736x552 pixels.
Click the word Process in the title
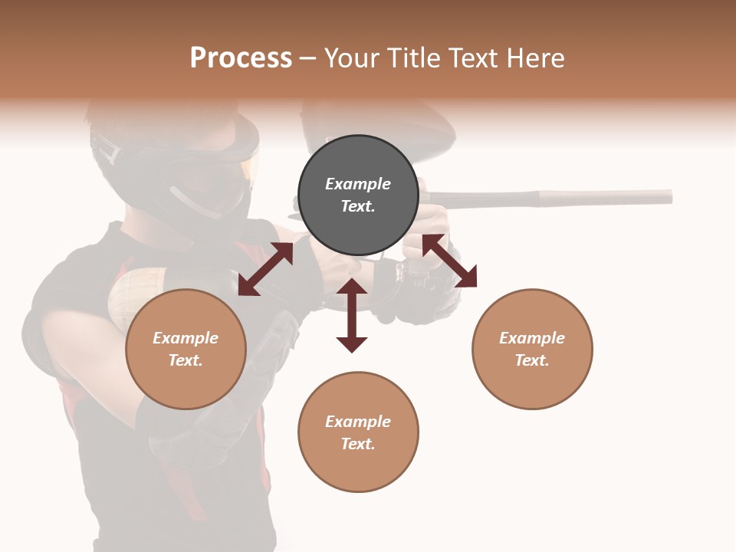pyautogui.click(x=241, y=58)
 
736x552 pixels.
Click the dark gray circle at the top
pyautogui.click(x=358, y=195)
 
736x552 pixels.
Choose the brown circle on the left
pyautogui.click(x=186, y=349)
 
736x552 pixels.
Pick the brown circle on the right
pyautogui.click(x=532, y=349)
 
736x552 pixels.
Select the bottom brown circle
pyautogui.click(x=358, y=432)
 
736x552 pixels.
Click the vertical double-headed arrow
pyautogui.click(x=352, y=315)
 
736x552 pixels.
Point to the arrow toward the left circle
pyautogui.click(x=265, y=269)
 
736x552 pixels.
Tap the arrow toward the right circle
pyautogui.click(x=449, y=261)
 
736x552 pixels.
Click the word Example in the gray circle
pyautogui.click(x=358, y=184)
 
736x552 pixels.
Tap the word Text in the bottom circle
pyautogui.click(x=356, y=444)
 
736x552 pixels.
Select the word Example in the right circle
pyautogui.click(x=532, y=338)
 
